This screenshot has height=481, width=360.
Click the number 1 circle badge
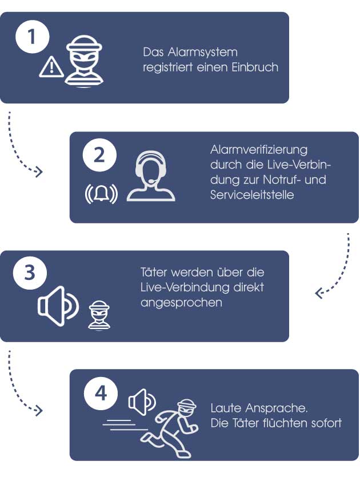(32, 37)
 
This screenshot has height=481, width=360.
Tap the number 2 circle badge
(99, 155)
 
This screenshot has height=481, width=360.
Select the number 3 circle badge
(30, 272)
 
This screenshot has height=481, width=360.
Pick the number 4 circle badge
(101, 393)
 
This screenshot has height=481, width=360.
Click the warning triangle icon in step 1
(51, 67)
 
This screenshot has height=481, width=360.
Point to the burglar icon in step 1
(84, 62)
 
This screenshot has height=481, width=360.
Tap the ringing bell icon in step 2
(101, 194)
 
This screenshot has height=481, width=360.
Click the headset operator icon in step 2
(151, 176)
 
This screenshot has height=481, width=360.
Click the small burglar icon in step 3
(99, 316)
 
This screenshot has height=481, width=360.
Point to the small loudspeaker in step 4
(142, 402)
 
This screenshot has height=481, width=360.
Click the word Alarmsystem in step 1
(202, 52)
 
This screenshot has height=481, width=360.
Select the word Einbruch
(255, 67)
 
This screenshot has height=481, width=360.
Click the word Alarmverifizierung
(259, 150)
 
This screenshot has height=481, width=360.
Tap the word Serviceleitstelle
(252, 194)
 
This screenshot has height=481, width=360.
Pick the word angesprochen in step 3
(181, 302)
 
